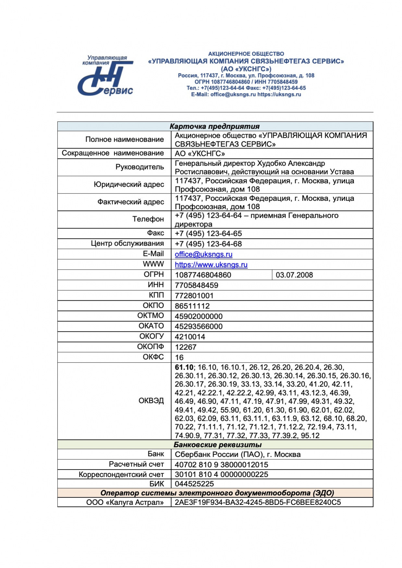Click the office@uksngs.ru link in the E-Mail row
pos(203,254)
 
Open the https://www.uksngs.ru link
pos(211,265)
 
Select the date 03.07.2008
pos(294,275)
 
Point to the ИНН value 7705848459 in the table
pos(196,285)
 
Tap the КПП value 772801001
pos(194,296)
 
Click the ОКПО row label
pos(153,306)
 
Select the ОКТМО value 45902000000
pos(199,316)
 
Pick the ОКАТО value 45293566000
pos(199,327)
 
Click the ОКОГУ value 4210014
pos(190,337)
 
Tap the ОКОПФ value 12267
pos(186,347)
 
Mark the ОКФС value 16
pos(179,358)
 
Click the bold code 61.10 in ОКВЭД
pos(184,367)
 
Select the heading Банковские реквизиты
pos(217,445)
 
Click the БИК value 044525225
pos(194,484)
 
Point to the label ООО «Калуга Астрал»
pos(125,503)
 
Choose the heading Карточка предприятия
pos(214,126)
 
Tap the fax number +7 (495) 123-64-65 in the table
pos(208,234)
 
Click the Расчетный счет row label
pos(136,464)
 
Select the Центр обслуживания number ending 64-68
pos(208,244)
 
